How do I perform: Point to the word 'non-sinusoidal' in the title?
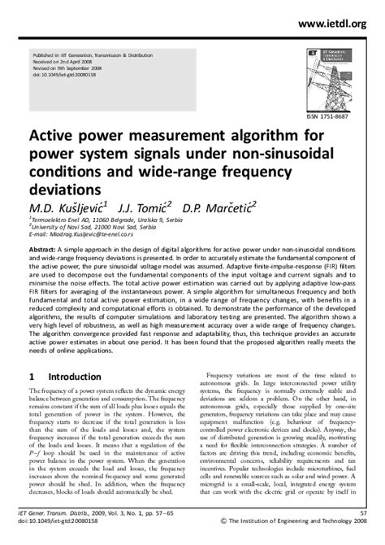pos(279,155)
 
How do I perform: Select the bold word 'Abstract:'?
pos(45,246)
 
